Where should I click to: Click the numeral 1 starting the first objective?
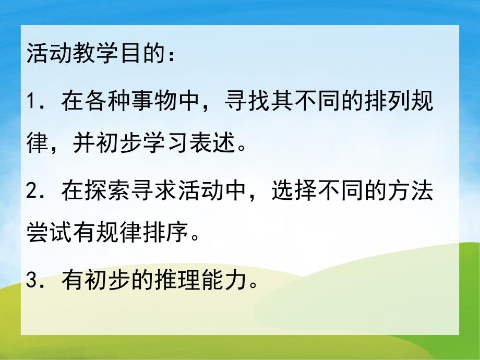[x=31, y=101]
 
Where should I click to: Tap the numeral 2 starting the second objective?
[x=32, y=193]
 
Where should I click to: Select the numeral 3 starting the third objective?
[x=32, y=283]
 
